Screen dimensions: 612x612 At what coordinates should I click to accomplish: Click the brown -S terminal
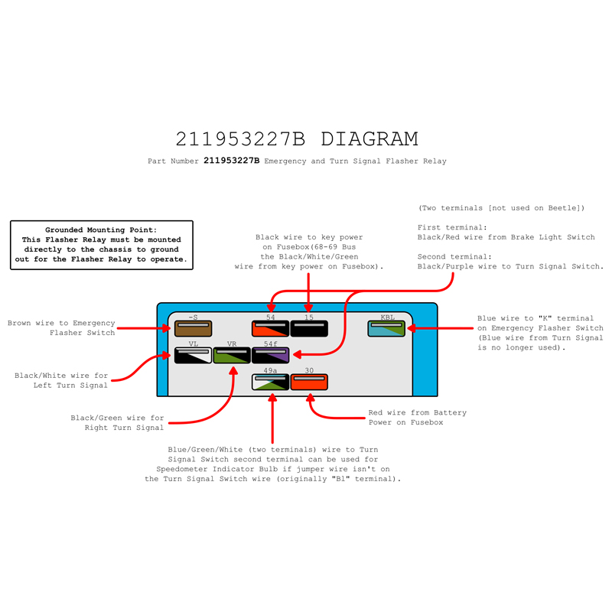coord(193,329)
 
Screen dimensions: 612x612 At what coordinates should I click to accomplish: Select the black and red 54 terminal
coord(271,329)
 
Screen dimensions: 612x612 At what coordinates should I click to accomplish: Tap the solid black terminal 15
coord(309,329)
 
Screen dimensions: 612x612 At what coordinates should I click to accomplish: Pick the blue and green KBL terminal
coord(386,329)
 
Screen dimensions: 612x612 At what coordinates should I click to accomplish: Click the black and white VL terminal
coord(193,355)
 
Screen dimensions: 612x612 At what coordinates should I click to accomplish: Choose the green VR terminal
coord(232,355)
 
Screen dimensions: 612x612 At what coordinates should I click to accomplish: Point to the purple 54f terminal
coord(271,355)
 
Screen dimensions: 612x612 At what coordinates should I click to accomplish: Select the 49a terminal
coord(271,382)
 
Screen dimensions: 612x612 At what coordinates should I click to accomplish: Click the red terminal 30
coord(309,382)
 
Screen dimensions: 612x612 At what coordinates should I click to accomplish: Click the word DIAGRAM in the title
coord(369,139)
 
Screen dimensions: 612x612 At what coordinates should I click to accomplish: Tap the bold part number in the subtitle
coord(232,161)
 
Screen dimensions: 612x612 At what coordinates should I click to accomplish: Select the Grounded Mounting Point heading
coord(101,230)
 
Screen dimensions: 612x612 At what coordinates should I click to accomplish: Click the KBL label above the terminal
coord(388,317)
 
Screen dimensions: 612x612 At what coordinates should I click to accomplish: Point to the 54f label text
coord(271,343)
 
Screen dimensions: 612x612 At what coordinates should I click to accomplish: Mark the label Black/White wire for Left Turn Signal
coord(61,380)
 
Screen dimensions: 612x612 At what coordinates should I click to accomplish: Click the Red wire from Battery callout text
coord(417,418)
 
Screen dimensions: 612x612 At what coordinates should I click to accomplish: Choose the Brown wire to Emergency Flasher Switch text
coord(61,328)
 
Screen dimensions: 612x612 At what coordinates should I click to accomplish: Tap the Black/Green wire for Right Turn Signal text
coord(117,423)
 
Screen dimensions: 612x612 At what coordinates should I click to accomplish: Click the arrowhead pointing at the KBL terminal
coord(411,328)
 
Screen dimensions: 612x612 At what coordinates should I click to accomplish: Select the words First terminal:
coord(452,227)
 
